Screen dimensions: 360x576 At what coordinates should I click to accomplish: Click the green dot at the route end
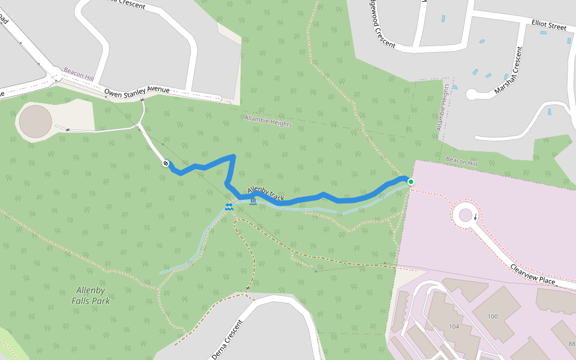coord(411,182)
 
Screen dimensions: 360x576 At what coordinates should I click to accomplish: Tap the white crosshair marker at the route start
coord(166,163)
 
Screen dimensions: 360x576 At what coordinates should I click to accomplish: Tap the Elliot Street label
coord(548,26)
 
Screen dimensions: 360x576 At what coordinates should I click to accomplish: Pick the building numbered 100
coord(493,316)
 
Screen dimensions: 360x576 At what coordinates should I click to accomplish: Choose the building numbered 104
coord(454,327)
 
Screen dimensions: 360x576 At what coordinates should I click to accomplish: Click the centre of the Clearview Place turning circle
coord(466,214)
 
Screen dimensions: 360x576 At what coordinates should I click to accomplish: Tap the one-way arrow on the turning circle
coord(476,217)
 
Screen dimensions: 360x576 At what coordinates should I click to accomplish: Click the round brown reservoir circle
coord(35,121)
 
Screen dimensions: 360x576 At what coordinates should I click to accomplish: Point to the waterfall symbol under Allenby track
coord(253,201)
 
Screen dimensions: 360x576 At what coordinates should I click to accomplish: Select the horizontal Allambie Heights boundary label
coord(268,121)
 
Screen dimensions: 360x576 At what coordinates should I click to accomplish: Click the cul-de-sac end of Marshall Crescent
coord(472,94)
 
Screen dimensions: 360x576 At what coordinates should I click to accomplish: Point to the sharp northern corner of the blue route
coord(233,157)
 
